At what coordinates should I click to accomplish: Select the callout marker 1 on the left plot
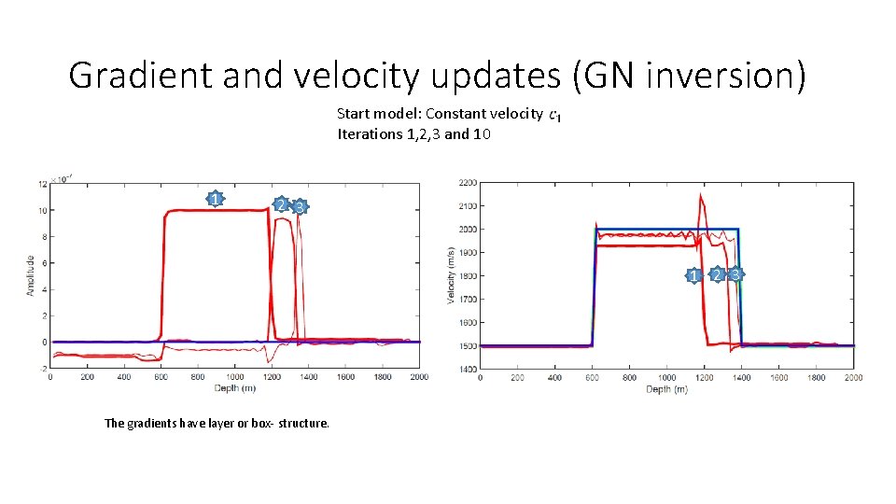coord(216,199)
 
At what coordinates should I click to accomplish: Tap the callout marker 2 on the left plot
coord(280,204)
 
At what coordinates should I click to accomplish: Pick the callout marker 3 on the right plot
coord(736,274)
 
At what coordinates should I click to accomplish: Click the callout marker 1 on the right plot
coord(693,275)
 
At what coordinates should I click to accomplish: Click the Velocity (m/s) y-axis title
coord(451,276)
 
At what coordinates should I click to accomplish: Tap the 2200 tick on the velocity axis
coord(468,182)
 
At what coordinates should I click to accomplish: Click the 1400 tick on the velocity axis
coord(468,370)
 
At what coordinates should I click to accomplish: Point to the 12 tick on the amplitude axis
coord(42,184)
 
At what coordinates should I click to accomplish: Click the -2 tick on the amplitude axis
coord(42,369)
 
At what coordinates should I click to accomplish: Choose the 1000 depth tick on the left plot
coord(234,378)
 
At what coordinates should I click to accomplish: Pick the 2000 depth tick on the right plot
coord(853,378)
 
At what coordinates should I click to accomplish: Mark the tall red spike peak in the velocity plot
coord(701,196)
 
